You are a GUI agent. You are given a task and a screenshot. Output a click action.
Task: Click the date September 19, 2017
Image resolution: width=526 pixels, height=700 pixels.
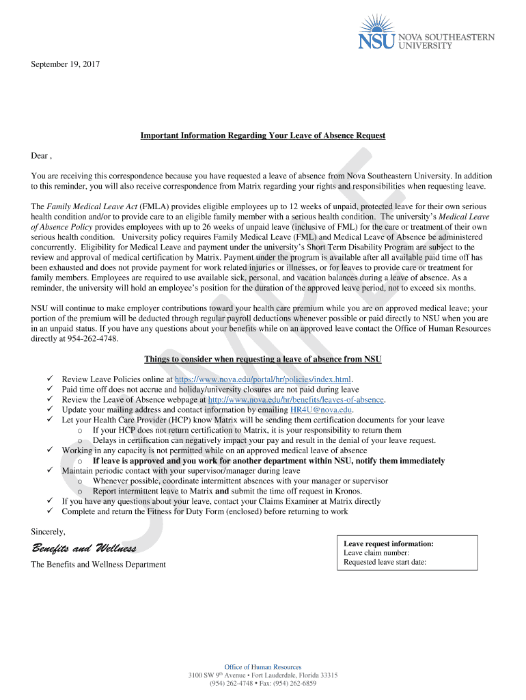(66, 64)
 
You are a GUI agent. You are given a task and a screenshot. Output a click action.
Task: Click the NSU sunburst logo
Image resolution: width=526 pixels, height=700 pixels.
(376, 35)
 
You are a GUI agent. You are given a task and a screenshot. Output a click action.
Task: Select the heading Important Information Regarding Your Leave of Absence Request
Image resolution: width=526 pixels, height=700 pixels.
(263, 136)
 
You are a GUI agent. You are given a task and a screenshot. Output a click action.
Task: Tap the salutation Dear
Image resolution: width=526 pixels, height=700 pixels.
(40, 156)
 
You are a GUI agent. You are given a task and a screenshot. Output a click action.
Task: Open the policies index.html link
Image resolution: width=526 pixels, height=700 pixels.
(263, 379)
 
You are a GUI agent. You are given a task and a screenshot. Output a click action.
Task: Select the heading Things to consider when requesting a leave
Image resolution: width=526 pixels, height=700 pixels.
(263, 360)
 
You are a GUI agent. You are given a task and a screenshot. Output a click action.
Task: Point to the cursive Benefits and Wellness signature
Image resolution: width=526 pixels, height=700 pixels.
(83, 550)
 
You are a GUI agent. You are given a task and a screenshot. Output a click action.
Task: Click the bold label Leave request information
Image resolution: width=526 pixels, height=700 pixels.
(389, 544)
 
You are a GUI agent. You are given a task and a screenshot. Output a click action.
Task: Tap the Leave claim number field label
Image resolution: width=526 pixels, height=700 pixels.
(376, 553)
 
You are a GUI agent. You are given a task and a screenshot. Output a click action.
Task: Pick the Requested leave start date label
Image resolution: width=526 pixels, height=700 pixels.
(385, 563)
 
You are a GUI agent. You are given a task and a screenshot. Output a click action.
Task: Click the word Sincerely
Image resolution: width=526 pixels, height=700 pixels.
(49, 531)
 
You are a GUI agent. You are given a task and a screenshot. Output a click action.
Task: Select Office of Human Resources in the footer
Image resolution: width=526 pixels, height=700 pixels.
(263, 667)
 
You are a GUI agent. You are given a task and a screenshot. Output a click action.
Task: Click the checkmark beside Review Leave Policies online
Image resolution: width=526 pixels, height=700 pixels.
(49, 379)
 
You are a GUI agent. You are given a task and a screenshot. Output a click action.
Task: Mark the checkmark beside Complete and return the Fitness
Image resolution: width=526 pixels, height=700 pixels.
(49, 511)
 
